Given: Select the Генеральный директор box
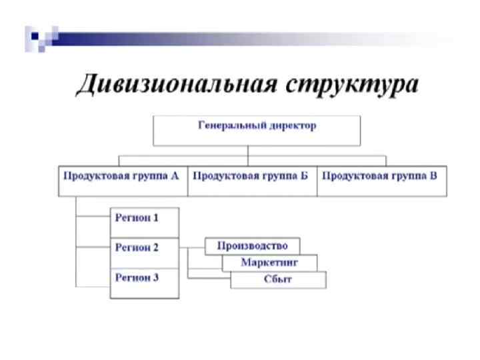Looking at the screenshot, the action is [257, 130].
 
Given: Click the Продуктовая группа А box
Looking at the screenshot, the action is [123, 181].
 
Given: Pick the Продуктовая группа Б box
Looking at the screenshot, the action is [252, 181].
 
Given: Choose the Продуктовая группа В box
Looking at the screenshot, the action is [381, 181].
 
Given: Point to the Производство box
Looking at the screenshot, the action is [252, 246].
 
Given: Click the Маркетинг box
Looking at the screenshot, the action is [269, 263].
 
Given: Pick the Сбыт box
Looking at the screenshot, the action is [278, 280].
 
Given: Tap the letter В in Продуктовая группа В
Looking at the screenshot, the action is [433, 176].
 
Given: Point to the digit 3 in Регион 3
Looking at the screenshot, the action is [156, 277].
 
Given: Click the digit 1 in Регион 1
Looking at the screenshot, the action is [156, 218].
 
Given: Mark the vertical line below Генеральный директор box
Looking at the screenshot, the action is [248, 151].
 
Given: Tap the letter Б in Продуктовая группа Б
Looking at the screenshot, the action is [304, 176].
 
